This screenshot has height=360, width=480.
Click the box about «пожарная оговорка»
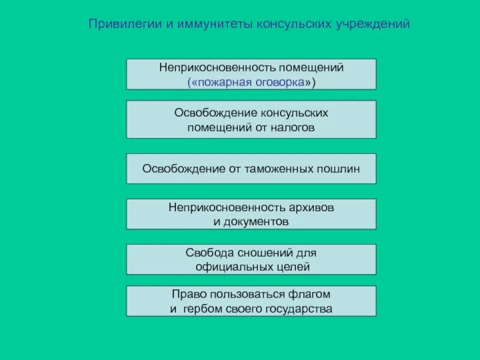[251, 74]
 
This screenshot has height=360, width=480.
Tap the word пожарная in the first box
[223, 83]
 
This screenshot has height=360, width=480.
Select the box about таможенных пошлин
[251, 169]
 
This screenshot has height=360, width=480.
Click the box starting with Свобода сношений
[251, 259]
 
